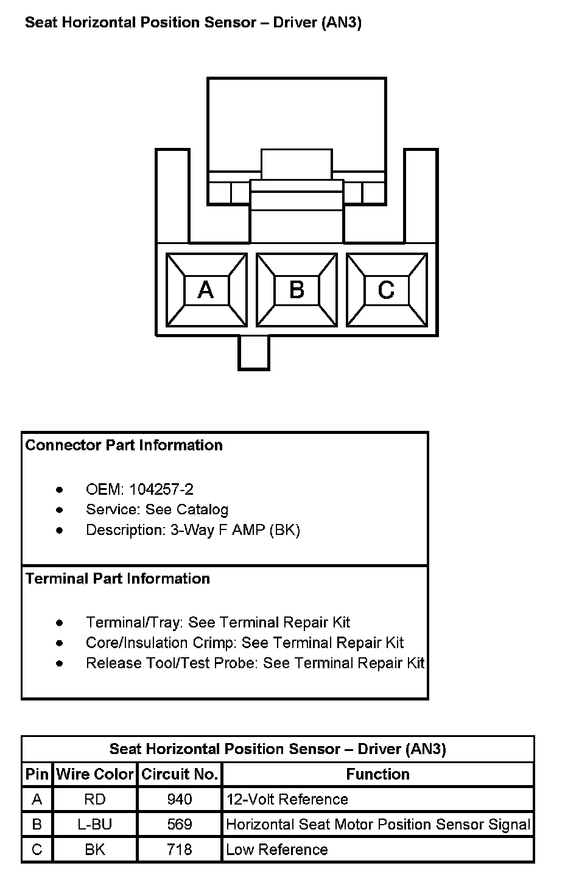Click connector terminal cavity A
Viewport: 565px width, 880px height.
click(x=206, y=290)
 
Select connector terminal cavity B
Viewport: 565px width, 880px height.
click(x=297, y=290)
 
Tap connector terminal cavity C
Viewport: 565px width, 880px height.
click(x=387, y=290)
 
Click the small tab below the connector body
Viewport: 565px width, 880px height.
click(x=253, y=352)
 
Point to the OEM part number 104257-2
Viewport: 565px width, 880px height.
click(x=161, y=489)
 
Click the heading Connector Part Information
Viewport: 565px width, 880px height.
click(x=124, y=445)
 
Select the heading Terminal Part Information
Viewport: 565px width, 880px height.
click(x=118, y=578)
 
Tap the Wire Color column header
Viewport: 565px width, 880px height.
click(x=95, y=774)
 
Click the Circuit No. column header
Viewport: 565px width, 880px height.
click(x=180, y=774)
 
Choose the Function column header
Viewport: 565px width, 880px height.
click(x=377, y=774)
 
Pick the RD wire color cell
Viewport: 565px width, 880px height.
click(x=95, y=799)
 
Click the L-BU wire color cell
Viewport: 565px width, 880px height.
click(x=95, y=825)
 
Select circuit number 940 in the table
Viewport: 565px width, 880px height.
click(x=180, y=799)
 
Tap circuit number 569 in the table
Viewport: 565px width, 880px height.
click(x=180, y=825)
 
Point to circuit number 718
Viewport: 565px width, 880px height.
click(x=180, y=850)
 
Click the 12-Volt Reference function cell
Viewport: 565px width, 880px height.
click(x=287, y=799)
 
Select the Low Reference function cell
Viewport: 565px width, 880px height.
click(x=277, y=850)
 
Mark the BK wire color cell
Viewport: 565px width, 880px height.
click(x=95, y=850)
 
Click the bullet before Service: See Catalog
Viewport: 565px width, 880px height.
click(x=59, y=510)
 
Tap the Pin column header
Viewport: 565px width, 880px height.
click(x=37, y=774)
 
